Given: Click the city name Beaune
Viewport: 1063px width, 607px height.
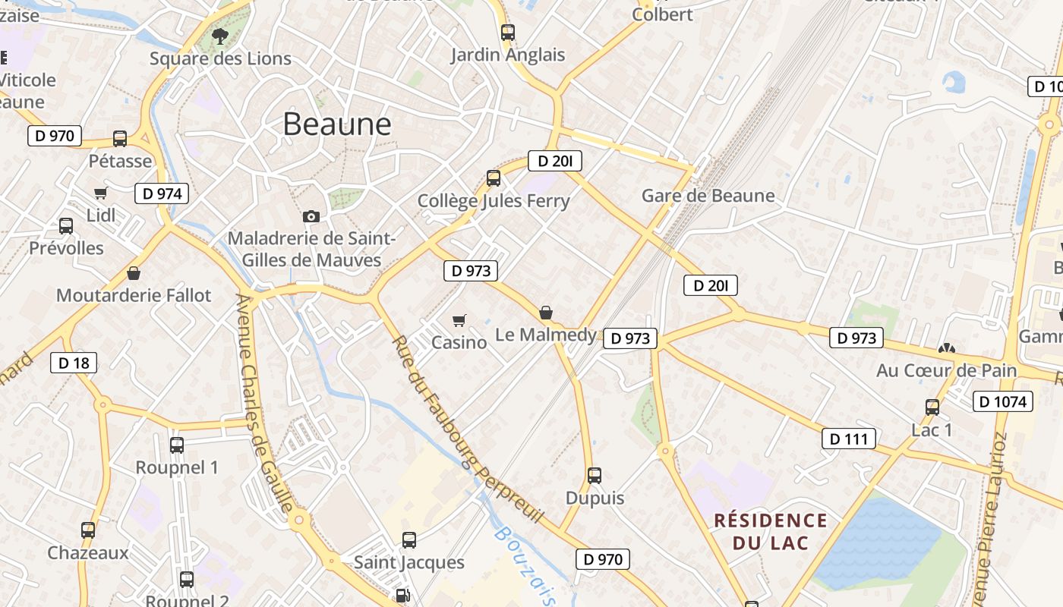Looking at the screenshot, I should pos(337,124).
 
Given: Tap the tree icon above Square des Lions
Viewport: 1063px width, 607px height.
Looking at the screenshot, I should pos(220,35).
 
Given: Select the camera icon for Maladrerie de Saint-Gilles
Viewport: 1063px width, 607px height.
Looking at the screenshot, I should pos(311,217).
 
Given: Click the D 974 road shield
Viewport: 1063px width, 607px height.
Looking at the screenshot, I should pos(162,193).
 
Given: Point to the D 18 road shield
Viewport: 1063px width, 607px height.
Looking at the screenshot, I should pos(74,363).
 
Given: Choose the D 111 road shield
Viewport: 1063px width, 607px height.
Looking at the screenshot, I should pos(849,439).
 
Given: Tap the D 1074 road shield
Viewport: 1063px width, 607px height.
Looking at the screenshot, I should pos(1003,401).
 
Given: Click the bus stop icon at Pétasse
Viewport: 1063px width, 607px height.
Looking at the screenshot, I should pos(120,139).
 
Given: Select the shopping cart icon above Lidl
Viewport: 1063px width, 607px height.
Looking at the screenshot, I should pos(101,193).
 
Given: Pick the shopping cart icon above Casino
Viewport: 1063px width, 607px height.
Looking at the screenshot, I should pos(459,320).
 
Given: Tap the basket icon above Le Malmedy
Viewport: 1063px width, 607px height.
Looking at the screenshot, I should pos(546,313).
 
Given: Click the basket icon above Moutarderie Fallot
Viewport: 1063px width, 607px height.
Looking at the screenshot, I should pos(134,273).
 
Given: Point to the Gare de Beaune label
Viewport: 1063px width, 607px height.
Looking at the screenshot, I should pos(708,196).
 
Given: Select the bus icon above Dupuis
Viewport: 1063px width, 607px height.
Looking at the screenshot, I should pos(595,476).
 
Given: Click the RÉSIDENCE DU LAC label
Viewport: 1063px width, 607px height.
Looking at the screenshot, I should pos(771,531).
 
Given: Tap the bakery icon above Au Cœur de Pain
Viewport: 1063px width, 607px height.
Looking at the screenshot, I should pos(946,349).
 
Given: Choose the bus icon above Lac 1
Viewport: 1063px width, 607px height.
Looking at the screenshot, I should pos(932,407).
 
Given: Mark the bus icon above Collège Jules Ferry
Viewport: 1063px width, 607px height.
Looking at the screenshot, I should pos(494,179).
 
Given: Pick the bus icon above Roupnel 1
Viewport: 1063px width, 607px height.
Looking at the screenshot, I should pos(177,445).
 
